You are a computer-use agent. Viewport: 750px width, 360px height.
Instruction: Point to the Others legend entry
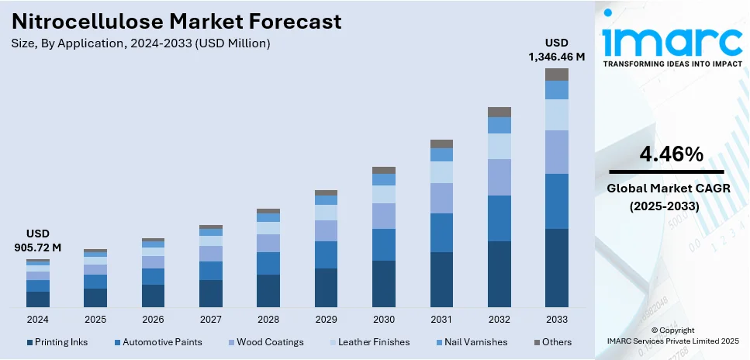(552, 342)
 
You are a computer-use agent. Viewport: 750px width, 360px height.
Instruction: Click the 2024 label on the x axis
(38, 319)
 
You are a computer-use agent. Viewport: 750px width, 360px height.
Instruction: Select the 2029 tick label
(326, 319)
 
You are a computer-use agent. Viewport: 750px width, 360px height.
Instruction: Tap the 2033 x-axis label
(556, 319)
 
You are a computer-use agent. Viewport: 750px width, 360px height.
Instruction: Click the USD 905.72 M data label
(38, 241)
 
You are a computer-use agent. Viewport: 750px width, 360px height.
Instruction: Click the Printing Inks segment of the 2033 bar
(556, 267)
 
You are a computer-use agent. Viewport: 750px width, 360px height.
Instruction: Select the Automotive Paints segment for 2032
(499, 218)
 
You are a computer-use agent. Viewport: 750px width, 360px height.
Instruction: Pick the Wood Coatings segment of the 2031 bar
(441, 198)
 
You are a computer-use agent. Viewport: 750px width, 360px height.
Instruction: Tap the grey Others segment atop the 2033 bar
(556, 74)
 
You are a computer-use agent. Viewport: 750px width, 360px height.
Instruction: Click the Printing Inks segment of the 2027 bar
(211, 292)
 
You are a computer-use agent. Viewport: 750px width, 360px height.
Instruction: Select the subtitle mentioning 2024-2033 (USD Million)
(142, 43)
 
